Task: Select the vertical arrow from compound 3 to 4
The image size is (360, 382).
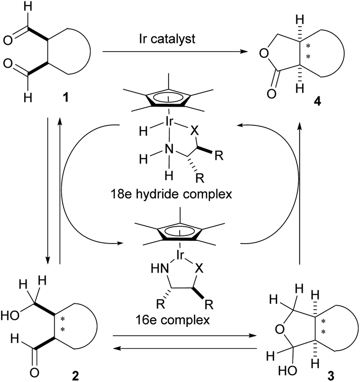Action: (300, 193)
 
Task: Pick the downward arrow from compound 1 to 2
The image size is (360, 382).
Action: (49, 193)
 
